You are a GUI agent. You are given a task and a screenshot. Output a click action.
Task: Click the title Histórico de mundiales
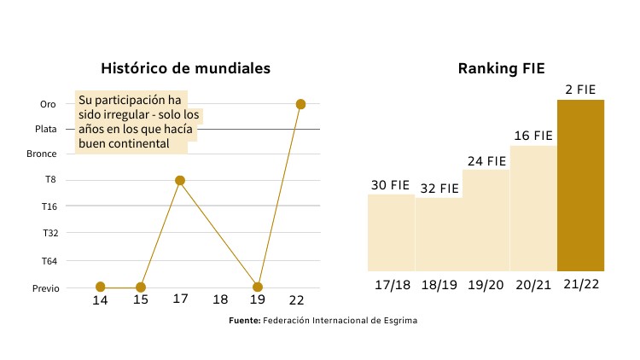(185, 68)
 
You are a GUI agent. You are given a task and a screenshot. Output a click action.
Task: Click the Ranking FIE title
(501, 68)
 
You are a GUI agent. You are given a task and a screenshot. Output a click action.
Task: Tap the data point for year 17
(180, 181)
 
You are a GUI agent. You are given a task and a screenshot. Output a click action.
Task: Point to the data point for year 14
(101, 287)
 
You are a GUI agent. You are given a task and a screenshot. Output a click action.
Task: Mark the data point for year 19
(258, 287)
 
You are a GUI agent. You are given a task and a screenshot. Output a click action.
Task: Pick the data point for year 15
(141, 287)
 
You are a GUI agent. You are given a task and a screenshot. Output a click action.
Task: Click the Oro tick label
(48, 105)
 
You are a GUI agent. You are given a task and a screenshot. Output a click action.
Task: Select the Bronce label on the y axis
(42, 154)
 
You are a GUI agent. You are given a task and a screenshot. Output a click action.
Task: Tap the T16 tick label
(49, 206)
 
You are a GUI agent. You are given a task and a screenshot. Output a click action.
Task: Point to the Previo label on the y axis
(45, 288)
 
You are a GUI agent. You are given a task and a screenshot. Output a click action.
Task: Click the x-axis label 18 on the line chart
(220, 300)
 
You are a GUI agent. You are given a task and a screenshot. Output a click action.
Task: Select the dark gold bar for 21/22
(580, 184)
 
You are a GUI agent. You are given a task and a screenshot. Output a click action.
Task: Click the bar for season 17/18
(391, 232)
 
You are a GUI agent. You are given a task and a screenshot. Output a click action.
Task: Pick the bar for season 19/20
(486, 220)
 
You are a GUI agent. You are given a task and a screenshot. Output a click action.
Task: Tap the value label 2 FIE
(580, 89)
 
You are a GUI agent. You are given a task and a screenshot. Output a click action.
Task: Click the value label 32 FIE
(439, 189)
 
